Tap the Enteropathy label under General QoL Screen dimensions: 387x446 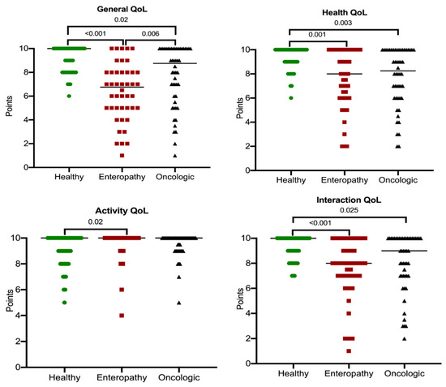tap(122, 178)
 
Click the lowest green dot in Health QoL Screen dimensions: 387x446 tap(290, 97)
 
